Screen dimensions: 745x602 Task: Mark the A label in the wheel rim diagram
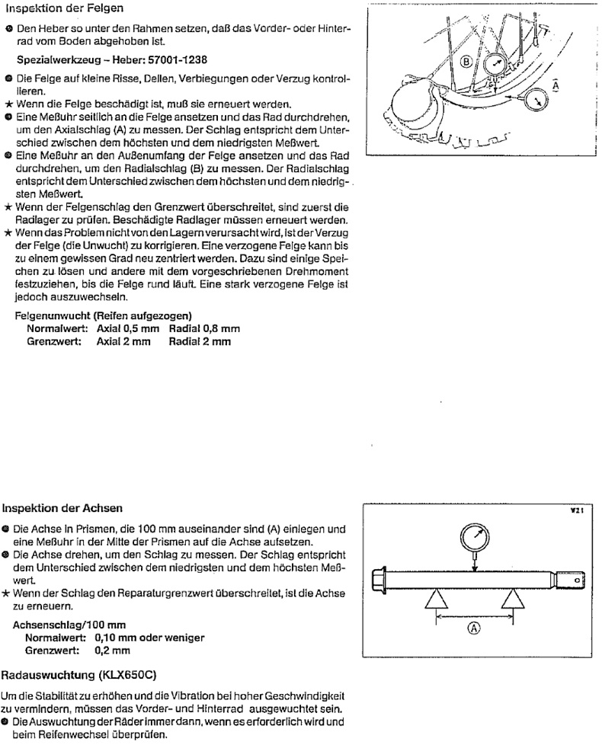pyautogui.click(x=554, y=86)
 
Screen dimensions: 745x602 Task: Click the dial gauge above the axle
pyautogui.click(x=472, y=540)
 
